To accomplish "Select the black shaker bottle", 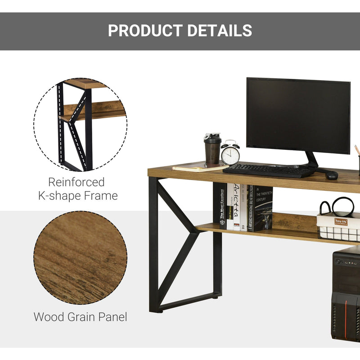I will [x=212, y=149].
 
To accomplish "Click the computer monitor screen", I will [x=298, y=115].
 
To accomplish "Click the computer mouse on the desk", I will [x=331, y=175].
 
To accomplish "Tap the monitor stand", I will [x=310, y=160].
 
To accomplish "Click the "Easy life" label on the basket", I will [x=341, y=222].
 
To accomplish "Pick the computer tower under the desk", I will [x=346, y=292].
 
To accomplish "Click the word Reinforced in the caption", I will [x=76, y=182].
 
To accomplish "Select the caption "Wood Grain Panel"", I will [x=80, y=317].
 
